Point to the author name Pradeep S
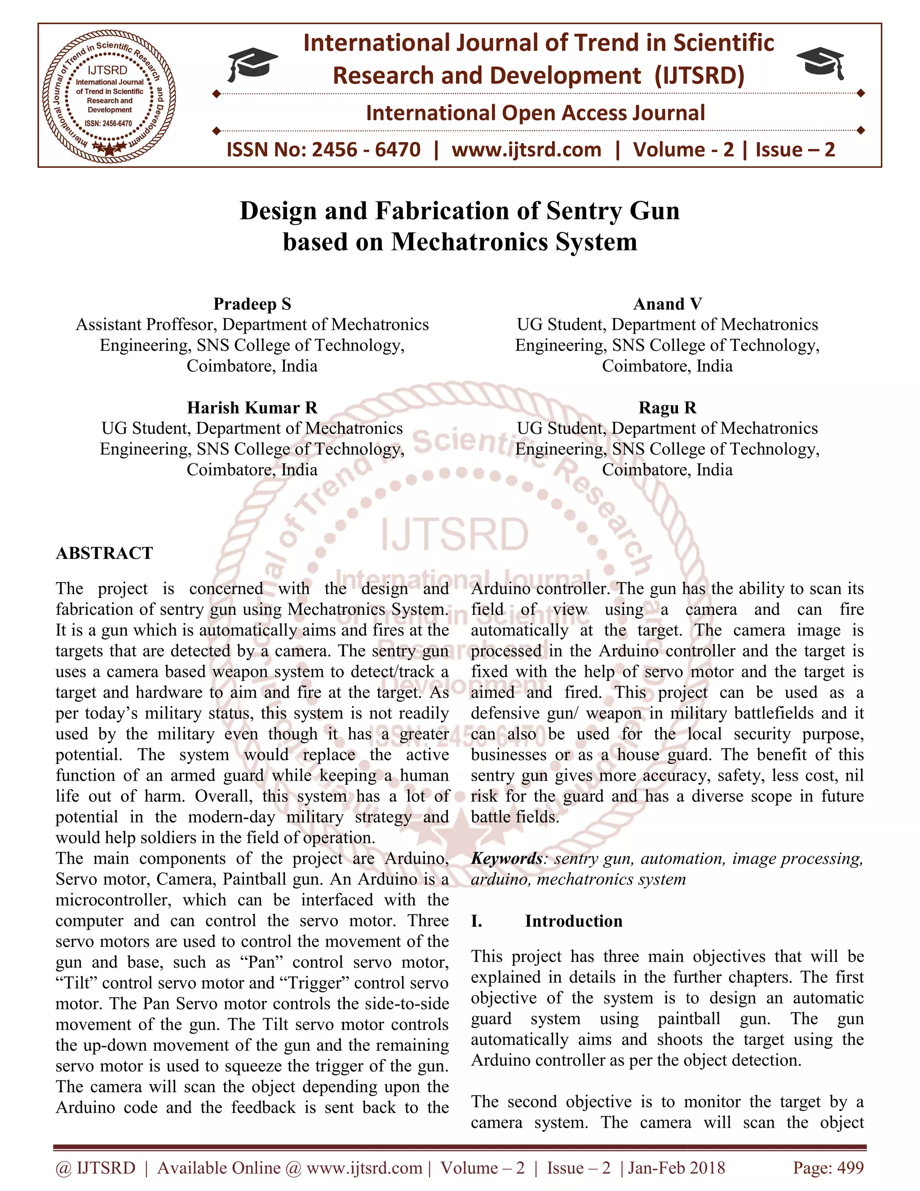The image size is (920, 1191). coord(252,304)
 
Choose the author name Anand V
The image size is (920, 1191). coord(667,304)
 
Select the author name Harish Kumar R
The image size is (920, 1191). coord(252,408)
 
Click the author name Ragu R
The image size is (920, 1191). coord(667,408)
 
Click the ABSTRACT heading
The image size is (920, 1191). coord(104,553)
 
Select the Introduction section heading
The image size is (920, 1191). coord(573,921)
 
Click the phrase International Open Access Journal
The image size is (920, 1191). coord(535,113)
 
